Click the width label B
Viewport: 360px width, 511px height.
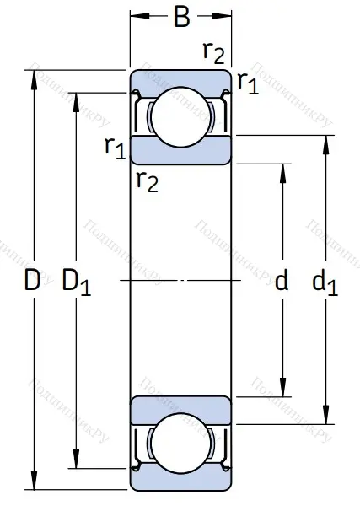(x=181, y=17)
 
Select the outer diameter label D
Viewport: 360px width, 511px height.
(x=32, y=281)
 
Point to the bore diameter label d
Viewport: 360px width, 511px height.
(x=282, y=281)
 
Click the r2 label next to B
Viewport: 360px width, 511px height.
(x=214, y=52)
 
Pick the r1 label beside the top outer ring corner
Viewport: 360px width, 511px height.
(x=248, y=81)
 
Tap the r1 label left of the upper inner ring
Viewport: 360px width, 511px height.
(x=116, y=148)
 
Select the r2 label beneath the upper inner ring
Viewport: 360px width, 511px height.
(x=148, y=180)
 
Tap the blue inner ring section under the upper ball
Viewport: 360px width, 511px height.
(x=180, y=148)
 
